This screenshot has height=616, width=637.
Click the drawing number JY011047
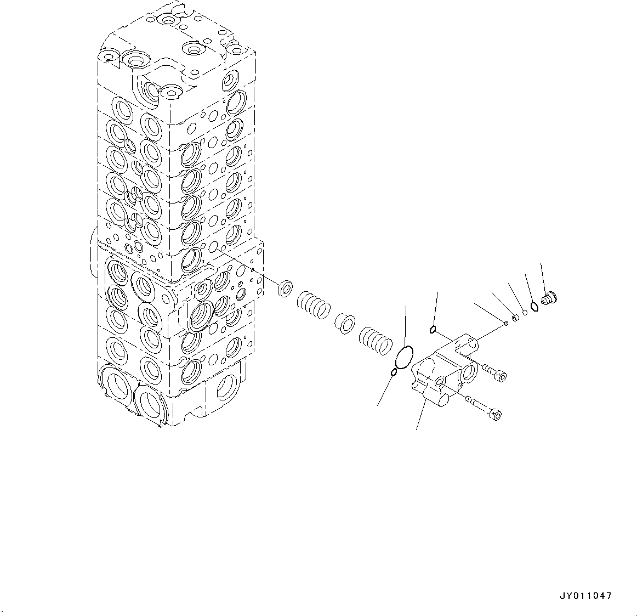[585, 596]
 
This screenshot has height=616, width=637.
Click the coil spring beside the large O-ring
[376, 341]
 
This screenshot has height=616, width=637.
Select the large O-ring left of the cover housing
[403, 357]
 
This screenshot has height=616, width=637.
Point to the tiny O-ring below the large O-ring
[394, 373]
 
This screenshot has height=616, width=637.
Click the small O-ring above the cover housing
[433, 330]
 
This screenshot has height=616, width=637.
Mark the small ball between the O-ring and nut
[524, 313]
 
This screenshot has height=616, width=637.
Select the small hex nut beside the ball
[515, 318]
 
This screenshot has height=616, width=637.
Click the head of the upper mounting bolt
[500, 375]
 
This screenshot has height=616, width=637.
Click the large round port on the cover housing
[469, 374]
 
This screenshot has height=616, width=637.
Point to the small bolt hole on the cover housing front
[440, 381]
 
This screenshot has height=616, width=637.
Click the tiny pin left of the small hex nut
[506, 324]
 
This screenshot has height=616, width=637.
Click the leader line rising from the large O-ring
[405, 325]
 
